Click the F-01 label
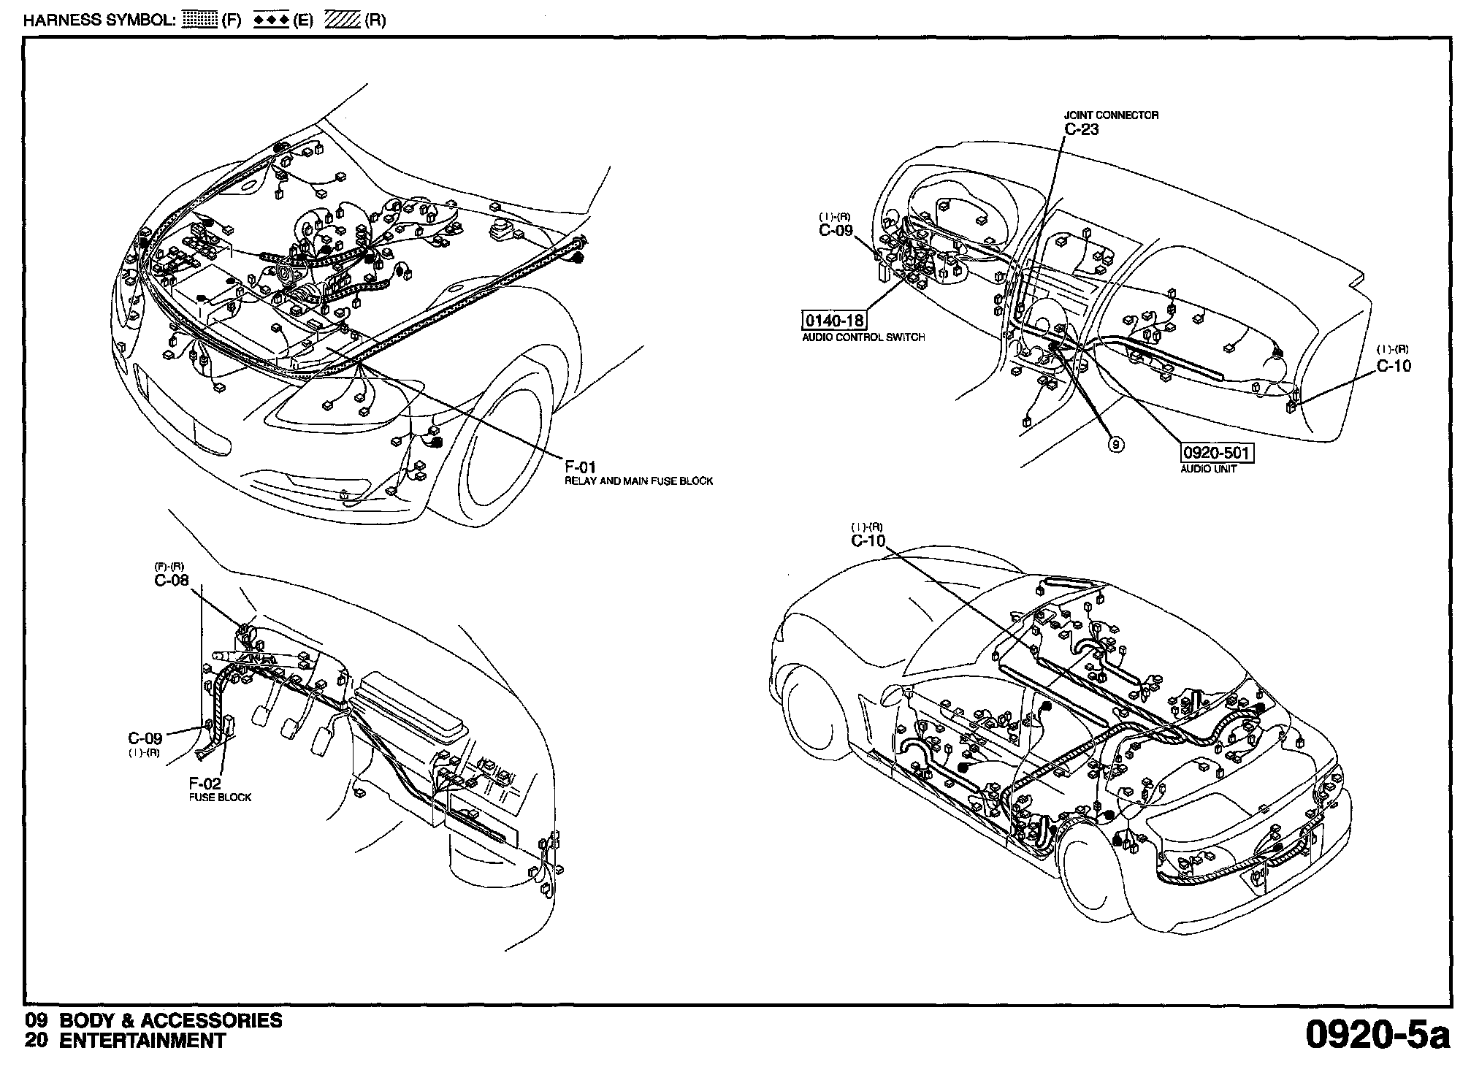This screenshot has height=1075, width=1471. [581, 466]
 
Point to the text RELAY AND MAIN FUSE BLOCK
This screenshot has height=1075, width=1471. [638, 481]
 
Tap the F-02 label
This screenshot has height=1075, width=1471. [205, 784]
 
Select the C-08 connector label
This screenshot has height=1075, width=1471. [172, 581]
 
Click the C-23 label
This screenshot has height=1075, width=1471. [1081, 129]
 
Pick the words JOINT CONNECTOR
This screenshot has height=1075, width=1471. [1110, 115]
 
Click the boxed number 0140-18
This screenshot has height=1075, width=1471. [833, 320]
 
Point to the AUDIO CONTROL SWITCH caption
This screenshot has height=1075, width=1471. [863, 337]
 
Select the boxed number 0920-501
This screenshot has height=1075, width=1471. [1217, 453]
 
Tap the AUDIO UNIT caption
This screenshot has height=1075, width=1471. [1208, 469]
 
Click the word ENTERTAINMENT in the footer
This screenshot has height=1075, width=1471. [142, 1041]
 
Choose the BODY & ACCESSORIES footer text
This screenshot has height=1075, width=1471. [170, 1020]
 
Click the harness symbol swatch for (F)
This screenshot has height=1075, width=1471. [199, 20]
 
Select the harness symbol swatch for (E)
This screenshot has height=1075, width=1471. [271, 20]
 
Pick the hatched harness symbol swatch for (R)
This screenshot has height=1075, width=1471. [343, 20]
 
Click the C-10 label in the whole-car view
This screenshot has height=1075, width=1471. [868, 540]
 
